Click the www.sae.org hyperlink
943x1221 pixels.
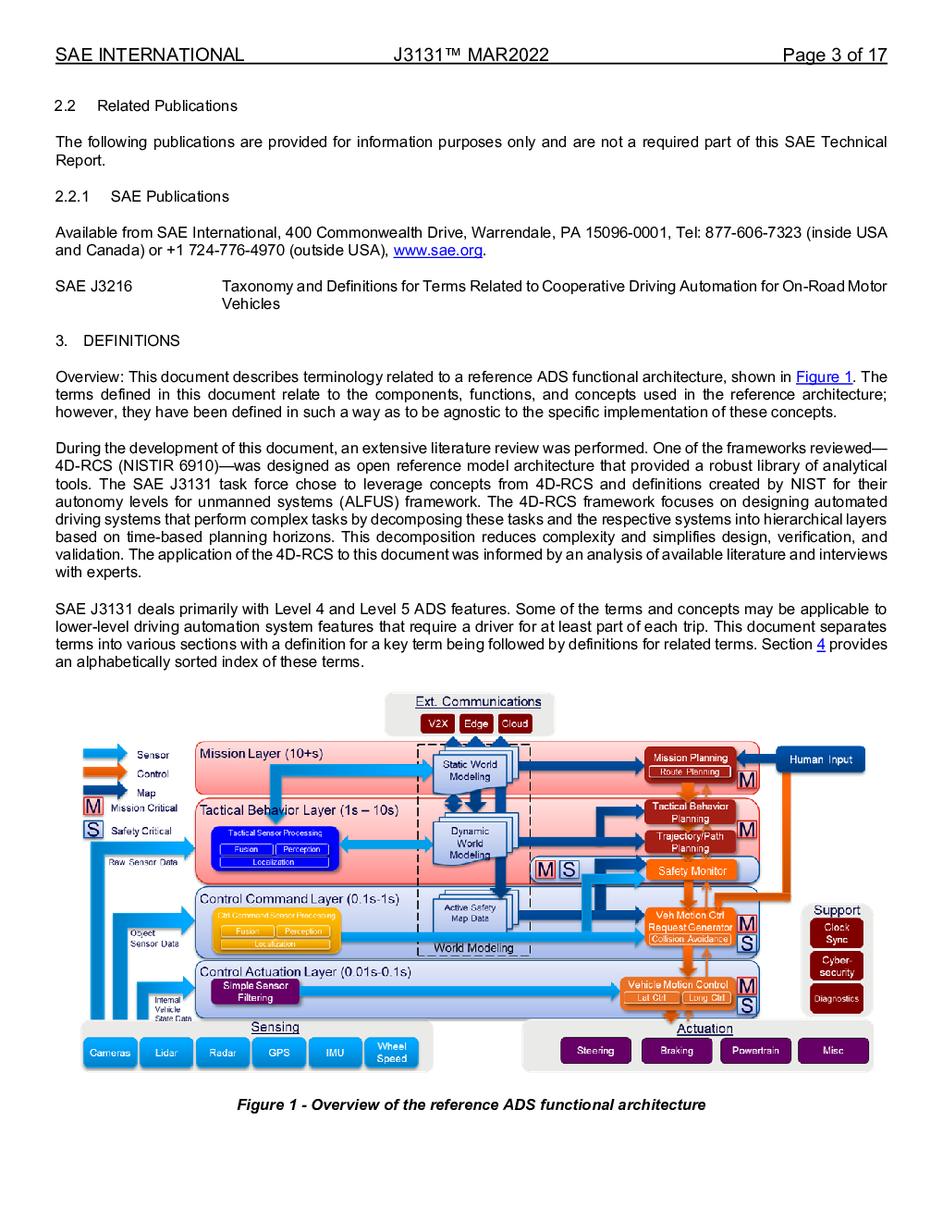[437, 251]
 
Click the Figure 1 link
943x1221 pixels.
[824, 377]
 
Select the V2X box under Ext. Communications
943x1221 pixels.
[437, 724]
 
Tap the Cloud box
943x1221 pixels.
[515, 724]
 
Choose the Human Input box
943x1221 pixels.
[820, 759]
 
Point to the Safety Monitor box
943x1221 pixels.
[692, 871]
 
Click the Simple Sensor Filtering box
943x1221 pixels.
[255, 992]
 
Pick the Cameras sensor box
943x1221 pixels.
[110, 1053]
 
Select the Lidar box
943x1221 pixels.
[166, 1053]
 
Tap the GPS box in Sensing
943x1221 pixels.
[279, 1053]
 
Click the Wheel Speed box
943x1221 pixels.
[391, 1053]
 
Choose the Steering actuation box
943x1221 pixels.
[595, 1051]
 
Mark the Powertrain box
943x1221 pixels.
[755, 1051]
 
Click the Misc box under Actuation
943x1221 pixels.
[833, 1051]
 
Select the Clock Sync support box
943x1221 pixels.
[837, 933]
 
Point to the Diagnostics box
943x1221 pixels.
[837, 999]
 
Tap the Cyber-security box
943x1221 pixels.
[837, 967]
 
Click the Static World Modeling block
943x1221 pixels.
[470, 771]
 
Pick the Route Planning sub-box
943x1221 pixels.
[690, 772]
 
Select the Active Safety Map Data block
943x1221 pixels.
[470, 914]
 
